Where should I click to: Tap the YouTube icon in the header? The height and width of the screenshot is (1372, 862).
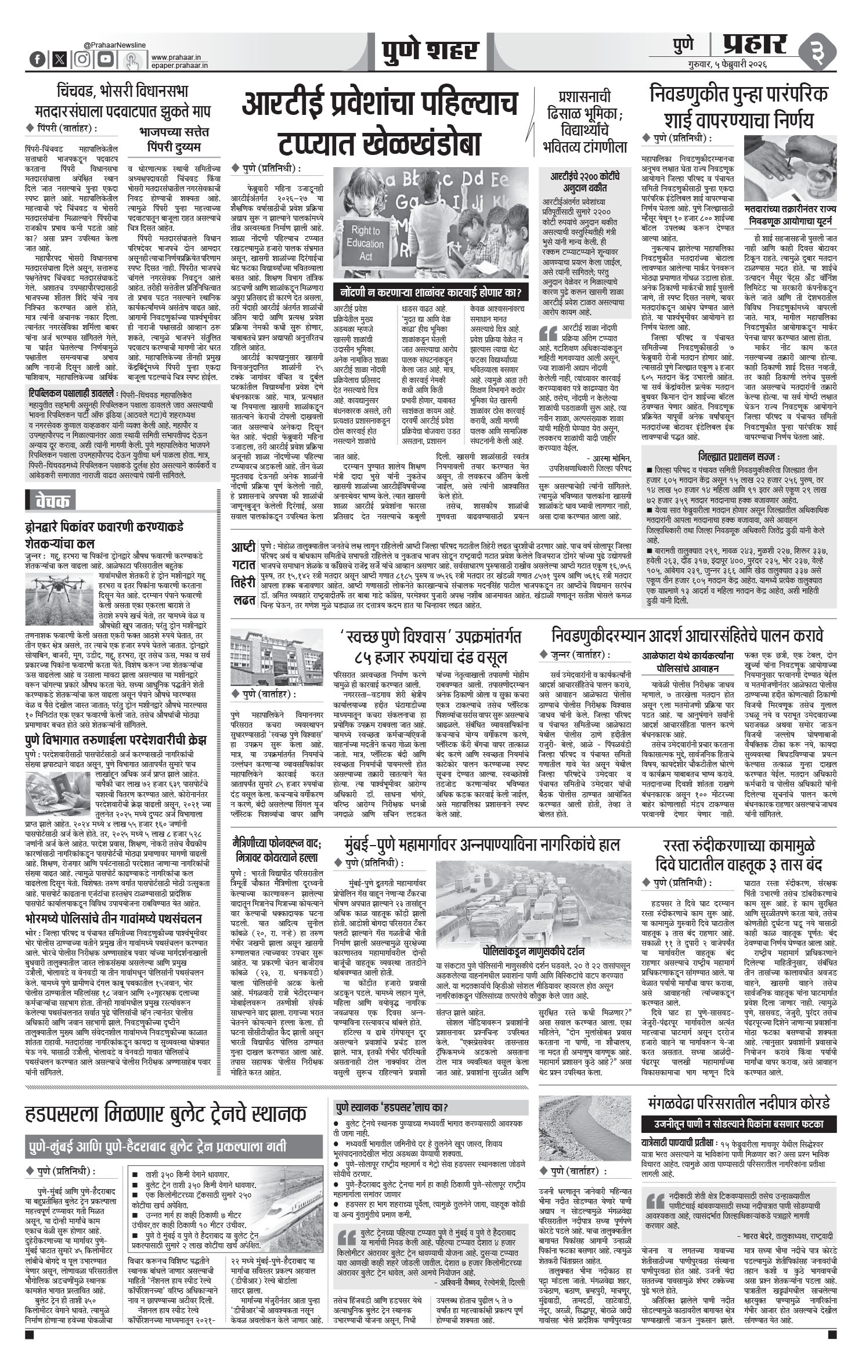coord(106,59)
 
